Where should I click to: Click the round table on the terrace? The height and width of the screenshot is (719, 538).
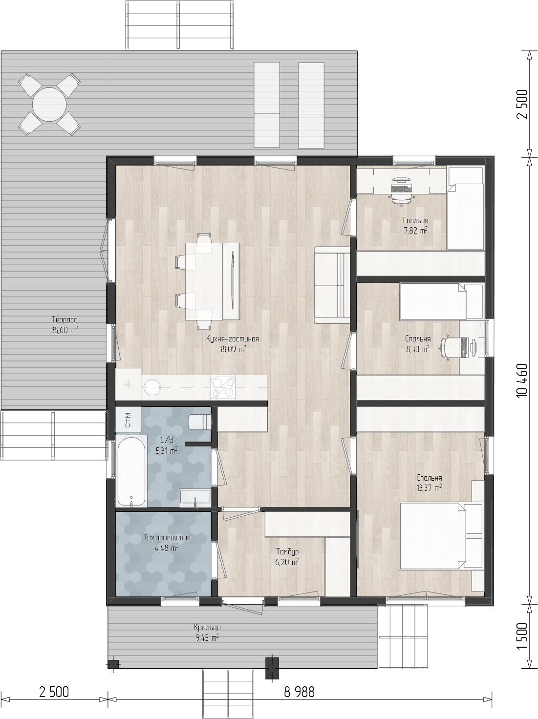tap(49, 105)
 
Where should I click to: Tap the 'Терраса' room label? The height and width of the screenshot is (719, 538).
tap(65, 319)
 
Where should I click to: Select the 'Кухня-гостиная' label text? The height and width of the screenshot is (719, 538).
tap(232, 338)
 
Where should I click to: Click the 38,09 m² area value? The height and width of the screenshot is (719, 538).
tap(232, 349)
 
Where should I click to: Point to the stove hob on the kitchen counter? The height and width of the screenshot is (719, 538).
tap(223, 387)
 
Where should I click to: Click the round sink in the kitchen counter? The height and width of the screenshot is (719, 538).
tap(152, 387)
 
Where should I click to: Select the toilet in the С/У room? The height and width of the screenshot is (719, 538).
tap(199, 422)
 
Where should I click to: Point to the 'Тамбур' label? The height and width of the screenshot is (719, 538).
tap(287, 552)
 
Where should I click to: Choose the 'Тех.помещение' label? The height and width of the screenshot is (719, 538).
tap(167, 537)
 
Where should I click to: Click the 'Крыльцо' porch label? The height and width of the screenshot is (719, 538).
tap(207, 627)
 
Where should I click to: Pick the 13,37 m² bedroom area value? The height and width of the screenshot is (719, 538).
tap(429, 488)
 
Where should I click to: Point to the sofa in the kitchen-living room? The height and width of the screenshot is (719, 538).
tap(332, 285)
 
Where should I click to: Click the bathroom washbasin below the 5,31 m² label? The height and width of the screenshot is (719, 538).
tap(195, 498)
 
